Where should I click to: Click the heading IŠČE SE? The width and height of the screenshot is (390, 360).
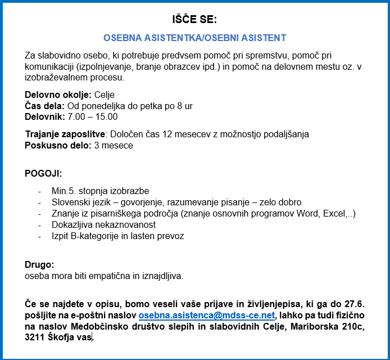click(194, 19)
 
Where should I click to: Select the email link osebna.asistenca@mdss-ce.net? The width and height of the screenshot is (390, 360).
click(206, 315)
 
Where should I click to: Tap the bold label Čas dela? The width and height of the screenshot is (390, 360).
click(45, 106)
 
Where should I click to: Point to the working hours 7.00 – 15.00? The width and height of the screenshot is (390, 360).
click(93, 117)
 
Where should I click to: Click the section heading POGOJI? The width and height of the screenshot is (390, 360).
click(43, 173)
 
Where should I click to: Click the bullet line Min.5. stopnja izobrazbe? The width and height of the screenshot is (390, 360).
click(100, 191)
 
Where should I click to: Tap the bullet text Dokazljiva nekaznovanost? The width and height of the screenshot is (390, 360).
click(103, 224)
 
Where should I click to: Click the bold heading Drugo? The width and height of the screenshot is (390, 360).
click(39, 264)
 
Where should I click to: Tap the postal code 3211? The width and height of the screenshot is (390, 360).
click(34, 337)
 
